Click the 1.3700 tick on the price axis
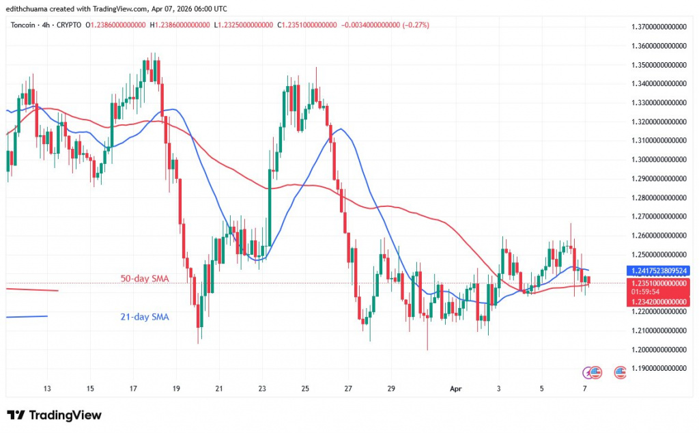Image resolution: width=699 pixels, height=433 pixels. point(658,27)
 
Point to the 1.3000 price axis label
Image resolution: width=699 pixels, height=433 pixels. point(658,159)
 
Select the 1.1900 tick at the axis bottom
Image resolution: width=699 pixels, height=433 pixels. point(658,368)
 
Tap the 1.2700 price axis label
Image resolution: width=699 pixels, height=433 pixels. point(658,216)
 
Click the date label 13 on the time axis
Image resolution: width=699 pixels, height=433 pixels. point(47,388)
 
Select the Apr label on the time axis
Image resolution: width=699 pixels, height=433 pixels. point(457,388)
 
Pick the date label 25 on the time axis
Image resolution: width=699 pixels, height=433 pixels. point(305,388)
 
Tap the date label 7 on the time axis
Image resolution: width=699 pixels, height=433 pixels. point(584,388)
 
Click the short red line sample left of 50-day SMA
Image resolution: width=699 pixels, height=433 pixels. point(32,290)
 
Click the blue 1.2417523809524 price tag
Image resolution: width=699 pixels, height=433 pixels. point(658,270)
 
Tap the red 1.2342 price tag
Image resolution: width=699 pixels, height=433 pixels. point(658,301)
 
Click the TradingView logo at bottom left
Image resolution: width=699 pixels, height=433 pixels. point(54,415)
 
